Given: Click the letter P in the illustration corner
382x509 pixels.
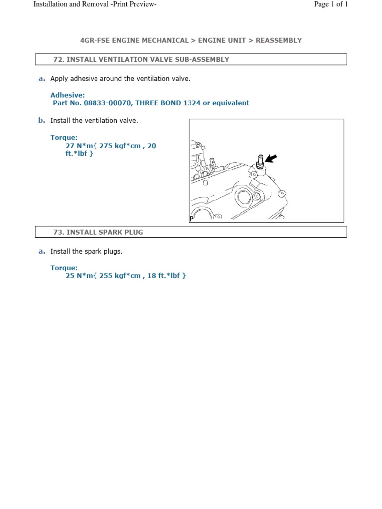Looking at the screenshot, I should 191,218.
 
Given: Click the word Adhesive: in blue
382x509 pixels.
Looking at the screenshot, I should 68,95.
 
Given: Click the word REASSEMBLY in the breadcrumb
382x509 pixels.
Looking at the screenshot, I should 279,40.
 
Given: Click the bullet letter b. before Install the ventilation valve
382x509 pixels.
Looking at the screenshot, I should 42,120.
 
